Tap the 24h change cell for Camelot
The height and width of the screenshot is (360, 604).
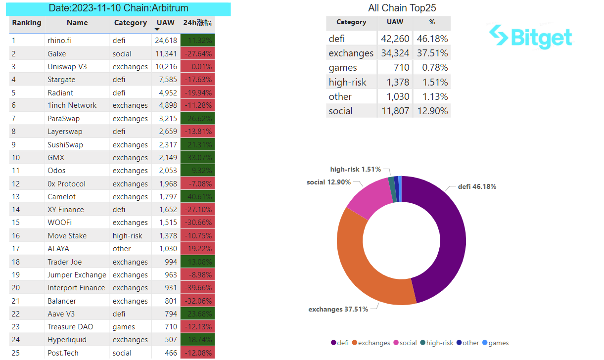pos(198,197)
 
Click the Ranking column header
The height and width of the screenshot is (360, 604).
pos(27,23)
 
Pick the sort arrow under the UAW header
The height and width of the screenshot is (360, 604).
pos(158,30)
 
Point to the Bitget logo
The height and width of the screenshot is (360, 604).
pos(530,37)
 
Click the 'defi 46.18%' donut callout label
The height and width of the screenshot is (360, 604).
pos(476,187)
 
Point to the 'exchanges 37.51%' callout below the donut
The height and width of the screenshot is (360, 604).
pos(338,310)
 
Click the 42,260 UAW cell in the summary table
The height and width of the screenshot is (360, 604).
pos(395,39)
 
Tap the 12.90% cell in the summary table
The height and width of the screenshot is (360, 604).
pos(431,111)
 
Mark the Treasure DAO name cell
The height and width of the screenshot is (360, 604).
pos(70,327)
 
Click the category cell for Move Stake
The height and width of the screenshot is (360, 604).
pos(127,236)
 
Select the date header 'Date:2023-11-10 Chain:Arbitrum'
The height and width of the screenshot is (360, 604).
pos(118,8)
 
